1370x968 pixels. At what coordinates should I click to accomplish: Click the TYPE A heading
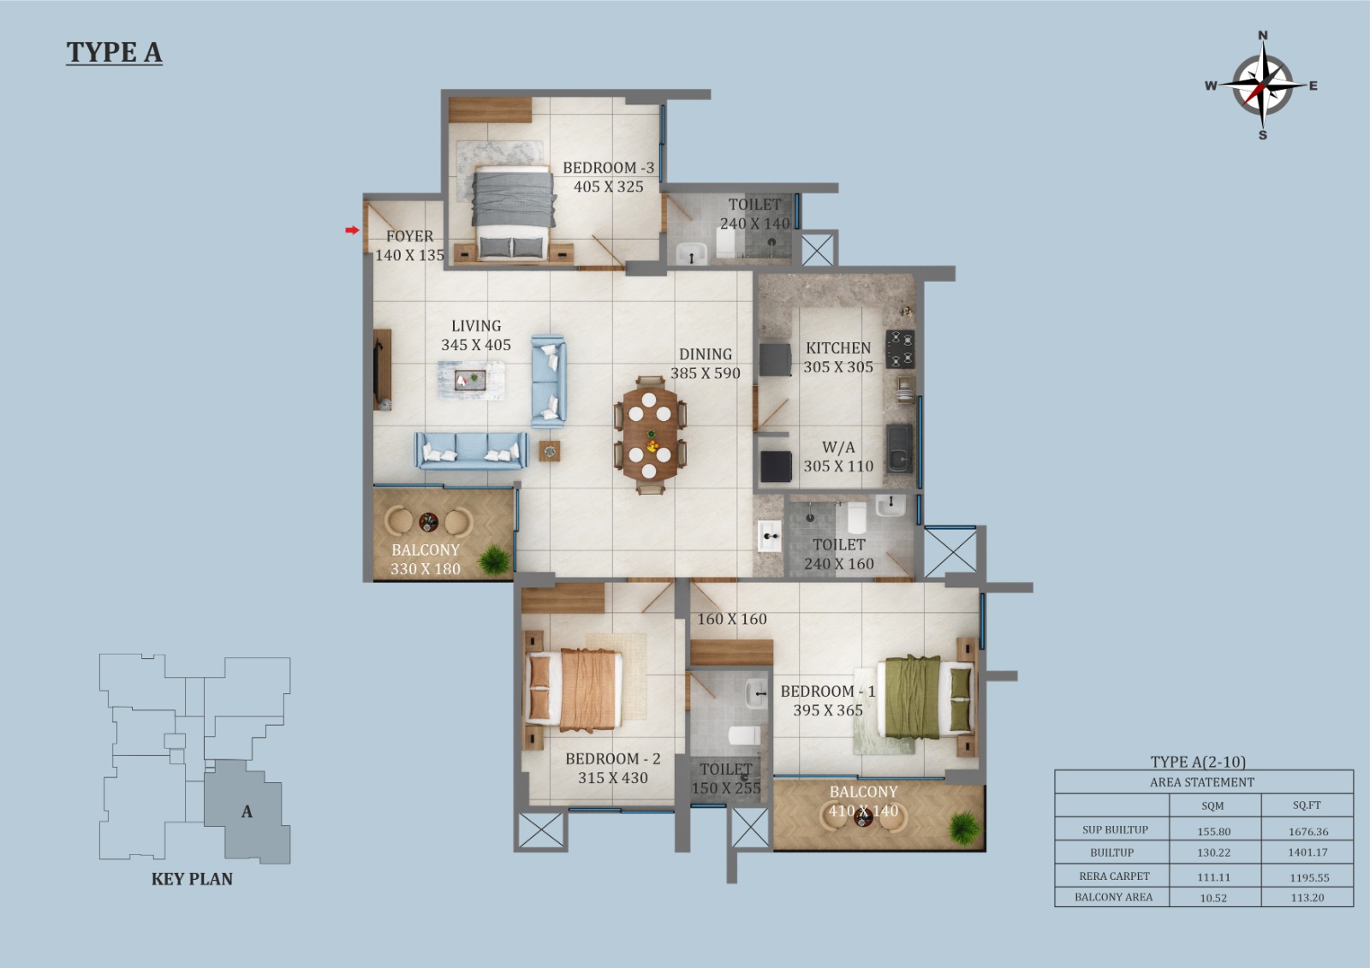click(115, 52)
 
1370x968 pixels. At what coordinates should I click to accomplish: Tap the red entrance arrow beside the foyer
click(352, 230)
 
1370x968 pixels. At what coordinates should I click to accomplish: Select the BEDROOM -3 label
click(609, 168)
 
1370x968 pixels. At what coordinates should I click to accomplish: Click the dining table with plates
click(650, 434)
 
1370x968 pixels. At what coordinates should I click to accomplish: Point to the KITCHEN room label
click(838, 348)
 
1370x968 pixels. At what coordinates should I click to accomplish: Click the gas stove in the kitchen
click(900, 349)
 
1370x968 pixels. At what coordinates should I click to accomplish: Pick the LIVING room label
click(476, 326)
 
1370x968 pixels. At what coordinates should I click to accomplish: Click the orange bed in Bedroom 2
click(574, 690)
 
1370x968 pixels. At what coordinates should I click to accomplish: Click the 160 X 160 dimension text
click(732, 619)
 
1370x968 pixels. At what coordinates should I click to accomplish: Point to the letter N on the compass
click(1262, 35)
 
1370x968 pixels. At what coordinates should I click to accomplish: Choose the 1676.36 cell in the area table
click(1308, 832)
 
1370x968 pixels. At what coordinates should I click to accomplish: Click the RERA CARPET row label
click(1114, 876)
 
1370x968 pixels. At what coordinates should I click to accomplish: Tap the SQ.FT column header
click(1307, 805)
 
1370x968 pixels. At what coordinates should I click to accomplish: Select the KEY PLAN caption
click(192, 879)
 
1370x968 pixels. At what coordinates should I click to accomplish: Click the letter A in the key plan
click(247, 811)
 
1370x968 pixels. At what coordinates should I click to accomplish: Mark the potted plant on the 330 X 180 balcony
click(494, 559)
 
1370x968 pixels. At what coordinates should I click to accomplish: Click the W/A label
click(838, 447)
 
